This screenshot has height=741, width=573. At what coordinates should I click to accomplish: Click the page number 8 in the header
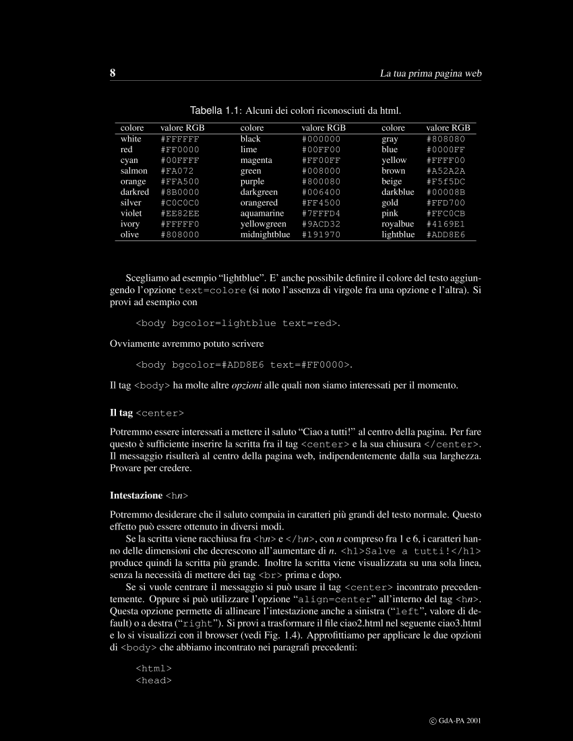point(113,73)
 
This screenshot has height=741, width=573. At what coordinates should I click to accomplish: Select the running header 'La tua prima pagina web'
point(430,73)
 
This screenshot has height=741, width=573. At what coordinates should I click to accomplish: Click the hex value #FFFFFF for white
point(180,139)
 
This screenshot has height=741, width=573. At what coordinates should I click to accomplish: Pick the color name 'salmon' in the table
point(133,171)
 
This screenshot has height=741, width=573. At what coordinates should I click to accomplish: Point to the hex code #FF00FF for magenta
point(321,160)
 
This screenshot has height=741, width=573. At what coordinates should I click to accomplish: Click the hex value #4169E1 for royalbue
point(446,224)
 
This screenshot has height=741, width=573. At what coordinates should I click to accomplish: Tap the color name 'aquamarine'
point(262,214)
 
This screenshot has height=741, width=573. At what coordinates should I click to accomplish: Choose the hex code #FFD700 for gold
point(446,203)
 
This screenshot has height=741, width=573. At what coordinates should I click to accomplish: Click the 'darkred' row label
point(134,192)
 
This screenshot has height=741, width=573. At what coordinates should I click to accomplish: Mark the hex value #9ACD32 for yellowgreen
point(321,224)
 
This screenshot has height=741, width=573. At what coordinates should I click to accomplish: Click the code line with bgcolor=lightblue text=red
point(238,323)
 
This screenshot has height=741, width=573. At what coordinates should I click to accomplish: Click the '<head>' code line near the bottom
point(154,680)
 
